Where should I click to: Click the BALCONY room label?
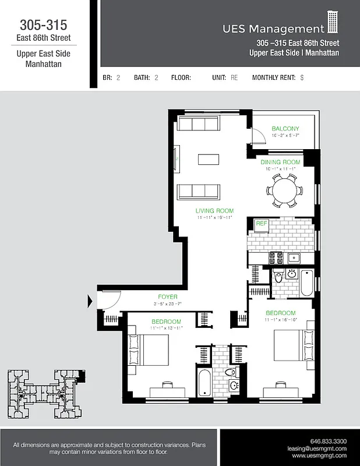285,129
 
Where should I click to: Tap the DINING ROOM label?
280,162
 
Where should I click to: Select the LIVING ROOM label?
214,211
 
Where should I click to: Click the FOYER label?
168,296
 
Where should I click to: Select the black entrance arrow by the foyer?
90,301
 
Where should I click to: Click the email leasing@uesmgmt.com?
317,449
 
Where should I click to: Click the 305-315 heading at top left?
44,25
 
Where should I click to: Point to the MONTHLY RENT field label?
274,77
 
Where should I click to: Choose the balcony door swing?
255,139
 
